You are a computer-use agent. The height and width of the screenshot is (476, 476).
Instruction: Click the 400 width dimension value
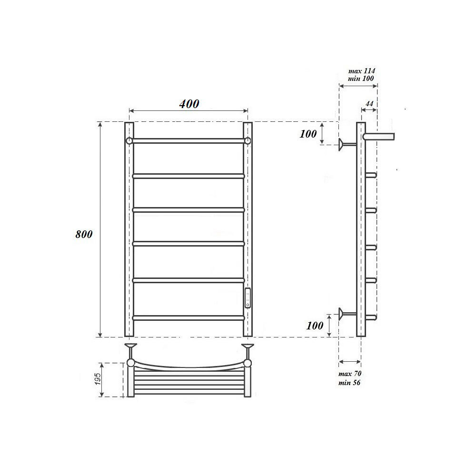[189, 104]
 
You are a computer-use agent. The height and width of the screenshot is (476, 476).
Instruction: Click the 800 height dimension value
[84, 234]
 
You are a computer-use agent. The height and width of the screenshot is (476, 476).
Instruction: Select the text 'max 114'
[362, 71]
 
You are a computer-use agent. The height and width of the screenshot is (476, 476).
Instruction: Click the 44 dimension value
[369, 103]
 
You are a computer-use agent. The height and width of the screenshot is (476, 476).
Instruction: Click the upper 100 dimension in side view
[308, 134]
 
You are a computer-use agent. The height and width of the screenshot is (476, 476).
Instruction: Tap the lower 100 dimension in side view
[315, 326]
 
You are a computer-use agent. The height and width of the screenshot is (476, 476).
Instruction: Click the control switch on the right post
[248, 297]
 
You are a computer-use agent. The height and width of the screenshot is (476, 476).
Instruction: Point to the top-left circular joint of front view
[129, 141]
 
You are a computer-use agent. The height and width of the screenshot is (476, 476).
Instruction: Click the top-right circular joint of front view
[248, 141]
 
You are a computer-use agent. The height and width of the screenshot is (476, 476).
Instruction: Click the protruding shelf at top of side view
[379, 137]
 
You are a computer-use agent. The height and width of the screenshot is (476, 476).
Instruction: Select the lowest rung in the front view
[188, 317]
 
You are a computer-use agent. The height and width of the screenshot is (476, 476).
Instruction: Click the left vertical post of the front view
[129, 228]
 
